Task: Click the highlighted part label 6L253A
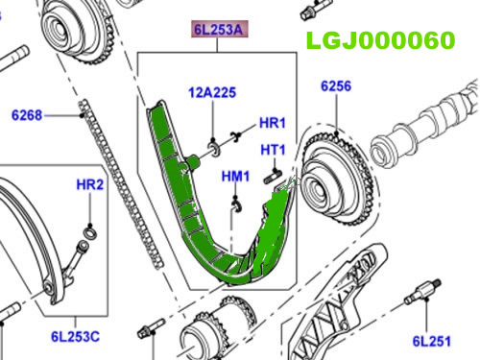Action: pos(220,30)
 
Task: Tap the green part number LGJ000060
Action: pos(380,40)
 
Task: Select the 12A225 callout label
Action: pos(212,92)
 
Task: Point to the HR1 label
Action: pos(272,123)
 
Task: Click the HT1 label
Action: pos(273,150)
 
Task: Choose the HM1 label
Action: pos(235,177)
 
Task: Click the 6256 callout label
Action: pos(336,86)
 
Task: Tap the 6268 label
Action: pos(27,115)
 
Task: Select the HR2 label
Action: pos(90,185)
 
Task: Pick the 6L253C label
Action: pos(75,337)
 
